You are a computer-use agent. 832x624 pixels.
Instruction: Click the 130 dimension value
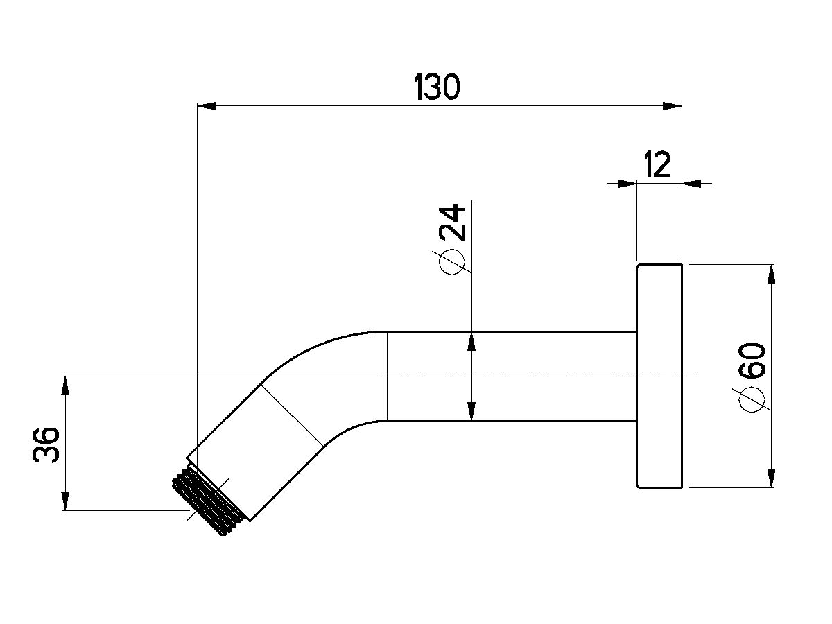(437, 87)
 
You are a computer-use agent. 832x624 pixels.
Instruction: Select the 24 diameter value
(453, 222)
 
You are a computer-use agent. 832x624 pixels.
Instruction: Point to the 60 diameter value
(752, 361)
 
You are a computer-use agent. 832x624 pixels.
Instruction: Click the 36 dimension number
(46, 445)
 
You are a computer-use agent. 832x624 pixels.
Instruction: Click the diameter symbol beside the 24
(452, 262)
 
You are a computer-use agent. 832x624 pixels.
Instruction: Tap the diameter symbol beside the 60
(752, 401)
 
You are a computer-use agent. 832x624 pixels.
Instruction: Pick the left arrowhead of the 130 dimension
(207, 105)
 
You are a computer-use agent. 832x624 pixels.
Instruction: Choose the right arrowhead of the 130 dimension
(672, 105)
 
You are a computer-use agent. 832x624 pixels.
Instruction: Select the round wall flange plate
(659, 376)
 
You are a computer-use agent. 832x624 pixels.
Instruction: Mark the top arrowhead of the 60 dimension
(770, 274)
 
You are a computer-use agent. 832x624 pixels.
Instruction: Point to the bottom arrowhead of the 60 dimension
(770, 478)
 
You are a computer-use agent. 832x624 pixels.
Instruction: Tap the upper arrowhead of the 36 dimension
(66, 385)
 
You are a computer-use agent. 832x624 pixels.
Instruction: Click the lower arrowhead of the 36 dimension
(66, 501)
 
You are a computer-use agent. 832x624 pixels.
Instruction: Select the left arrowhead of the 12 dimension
(627, 184)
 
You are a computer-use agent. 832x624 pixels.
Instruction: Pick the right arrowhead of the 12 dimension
(691, 184)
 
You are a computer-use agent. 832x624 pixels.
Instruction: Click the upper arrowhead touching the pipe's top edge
(471, 341)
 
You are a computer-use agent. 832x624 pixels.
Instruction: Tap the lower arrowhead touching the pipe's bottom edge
(471, 411)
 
